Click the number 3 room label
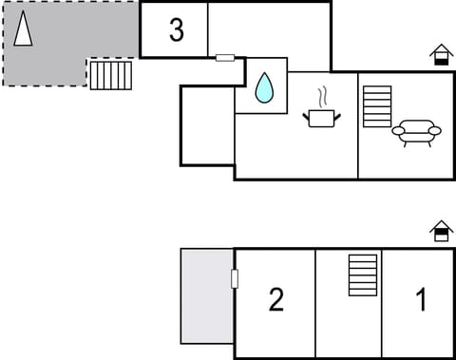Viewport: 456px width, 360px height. [176, 29]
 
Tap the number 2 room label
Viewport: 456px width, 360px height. [275, 299]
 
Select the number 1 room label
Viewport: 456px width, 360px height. [421, 300]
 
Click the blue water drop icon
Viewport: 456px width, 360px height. [263, 88]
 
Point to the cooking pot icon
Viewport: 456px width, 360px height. [321, 117]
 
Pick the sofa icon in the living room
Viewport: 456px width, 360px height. [416, 132]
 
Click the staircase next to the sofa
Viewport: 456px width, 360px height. [377, 105]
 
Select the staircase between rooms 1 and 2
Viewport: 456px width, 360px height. [362, 275]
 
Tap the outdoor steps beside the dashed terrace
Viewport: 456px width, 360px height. [110, 75]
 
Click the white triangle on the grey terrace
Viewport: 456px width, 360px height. [23, 29]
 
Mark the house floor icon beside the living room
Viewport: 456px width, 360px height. [441, 54]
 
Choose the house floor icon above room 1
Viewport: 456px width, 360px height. [441, 231]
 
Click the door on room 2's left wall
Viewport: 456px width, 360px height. [235, 278]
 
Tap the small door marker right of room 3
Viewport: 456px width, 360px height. [225, 58]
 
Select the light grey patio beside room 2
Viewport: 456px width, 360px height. [207, 295]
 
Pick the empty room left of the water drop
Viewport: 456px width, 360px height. [207, 124]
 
